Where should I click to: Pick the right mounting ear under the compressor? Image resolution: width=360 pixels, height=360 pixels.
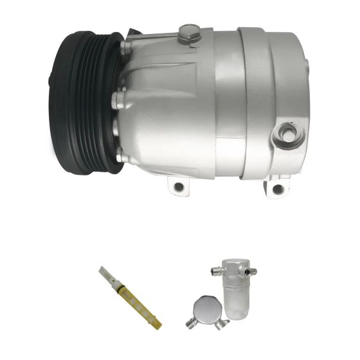coord(276,187)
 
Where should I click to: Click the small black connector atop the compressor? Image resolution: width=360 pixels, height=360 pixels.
coord(133,32)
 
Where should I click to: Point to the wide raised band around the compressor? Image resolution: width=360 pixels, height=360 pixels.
coord(258,103)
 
